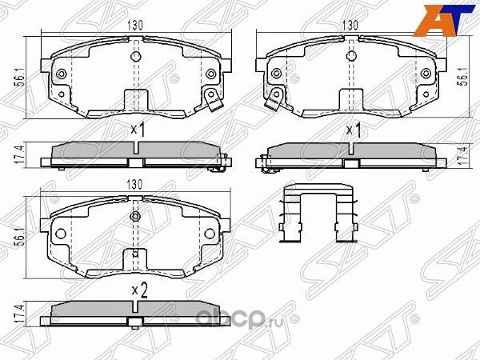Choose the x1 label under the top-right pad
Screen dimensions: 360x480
(x=352, y=129)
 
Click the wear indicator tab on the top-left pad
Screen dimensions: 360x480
(x=213, y=102)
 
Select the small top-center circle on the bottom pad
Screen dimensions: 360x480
(x=137, y=215)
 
